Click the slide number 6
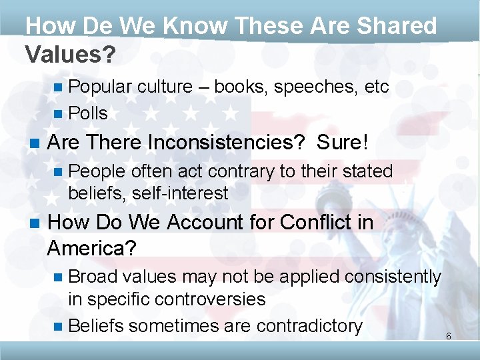click(x=449, y=336)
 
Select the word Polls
click(x=88, y=113)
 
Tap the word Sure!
click(x=343, y=143)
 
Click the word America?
click(x=92, y=249)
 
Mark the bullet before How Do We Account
click(x=33, y=223)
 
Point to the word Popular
click(x=100, y=87)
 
